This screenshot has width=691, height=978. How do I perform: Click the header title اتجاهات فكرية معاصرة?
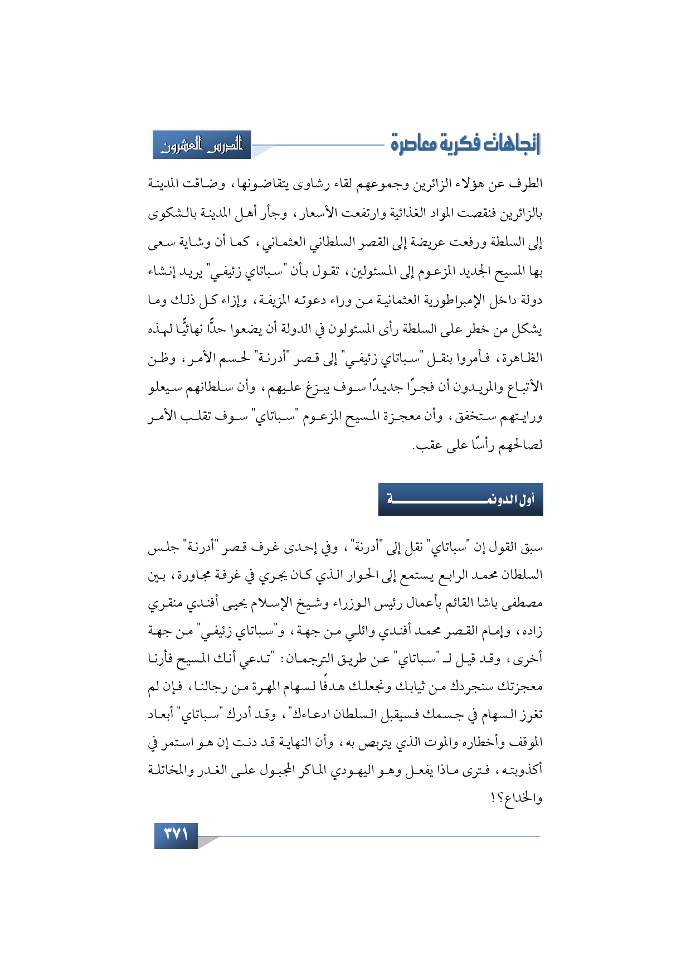[x=465, y=144]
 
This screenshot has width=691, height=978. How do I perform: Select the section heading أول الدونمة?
[x=461, y=500]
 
